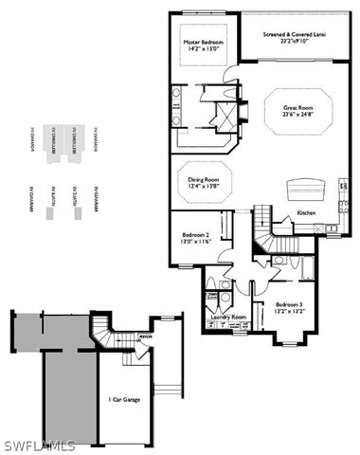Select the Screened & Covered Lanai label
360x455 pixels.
(297, 34)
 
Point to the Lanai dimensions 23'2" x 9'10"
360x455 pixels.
(297, 42)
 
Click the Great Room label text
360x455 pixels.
(298, 108)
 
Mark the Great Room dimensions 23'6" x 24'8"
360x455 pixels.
(298, 116)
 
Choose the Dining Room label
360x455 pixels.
(204, 179)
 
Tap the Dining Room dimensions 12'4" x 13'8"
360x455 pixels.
(204, 187)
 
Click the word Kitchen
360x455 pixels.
(306, 213)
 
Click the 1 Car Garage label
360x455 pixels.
(124, 399)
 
